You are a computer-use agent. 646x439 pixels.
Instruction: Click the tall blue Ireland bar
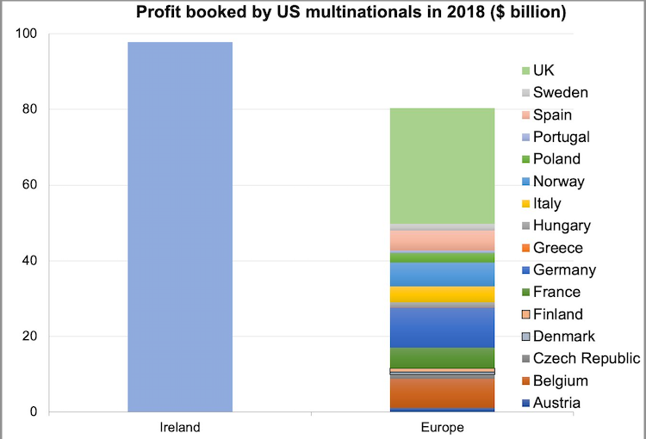180,226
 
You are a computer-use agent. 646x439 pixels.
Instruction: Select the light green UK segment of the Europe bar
442,166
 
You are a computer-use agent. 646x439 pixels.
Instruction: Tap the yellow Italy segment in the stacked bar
442,294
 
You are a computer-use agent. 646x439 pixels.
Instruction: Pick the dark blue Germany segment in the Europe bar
442,328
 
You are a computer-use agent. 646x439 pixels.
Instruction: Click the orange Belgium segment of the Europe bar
442,393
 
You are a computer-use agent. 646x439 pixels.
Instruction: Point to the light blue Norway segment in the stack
442,275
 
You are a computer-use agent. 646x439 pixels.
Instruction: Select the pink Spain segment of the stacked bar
442,240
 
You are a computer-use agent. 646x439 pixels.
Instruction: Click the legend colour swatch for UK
525,71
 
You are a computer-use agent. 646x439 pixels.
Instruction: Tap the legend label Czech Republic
587,358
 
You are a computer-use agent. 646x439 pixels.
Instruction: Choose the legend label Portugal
561,137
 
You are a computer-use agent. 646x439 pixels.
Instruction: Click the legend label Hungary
562,226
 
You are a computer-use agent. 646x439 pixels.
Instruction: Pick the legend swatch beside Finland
525,315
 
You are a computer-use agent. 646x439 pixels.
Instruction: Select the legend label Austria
556,402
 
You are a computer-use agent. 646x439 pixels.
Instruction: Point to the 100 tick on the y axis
26,34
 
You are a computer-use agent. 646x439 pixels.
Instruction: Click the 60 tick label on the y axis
29,184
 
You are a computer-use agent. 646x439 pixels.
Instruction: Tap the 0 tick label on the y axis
34,411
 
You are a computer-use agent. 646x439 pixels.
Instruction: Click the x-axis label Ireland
180,427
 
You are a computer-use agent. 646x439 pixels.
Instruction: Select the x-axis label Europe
442,428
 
